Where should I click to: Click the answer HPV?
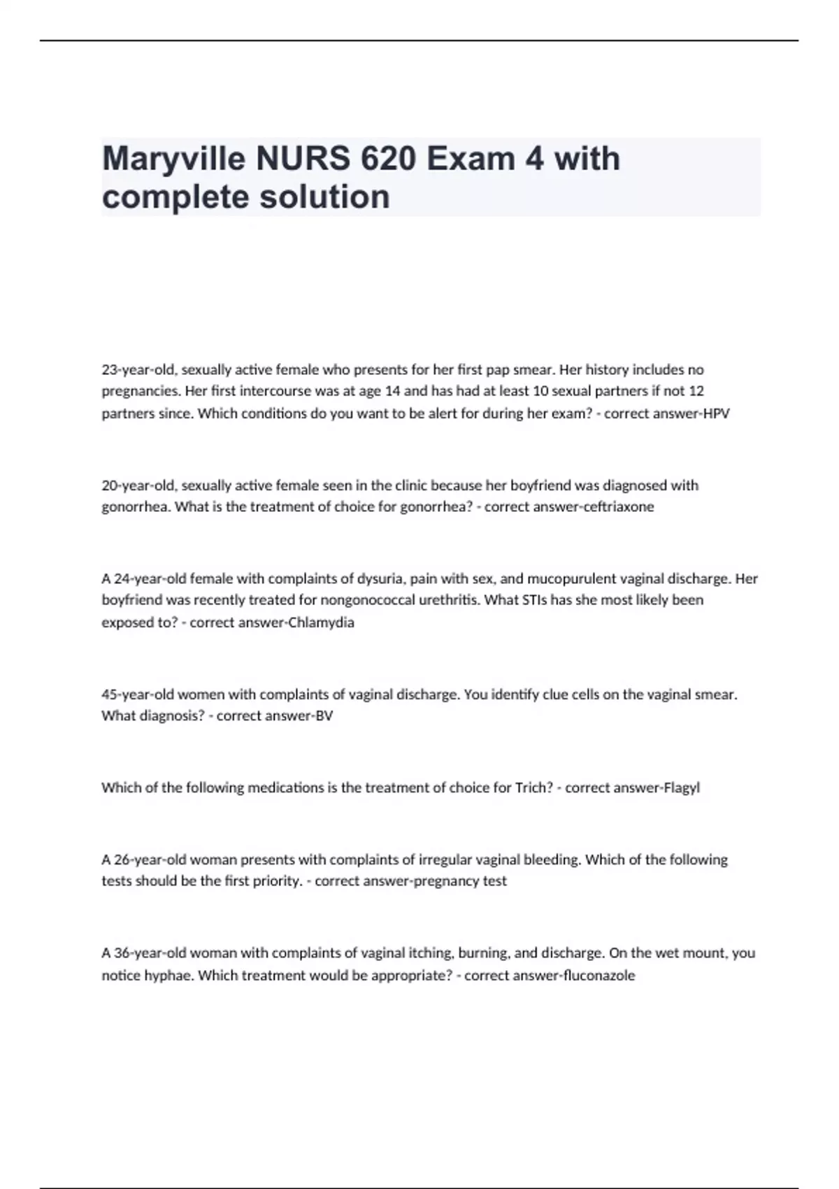click(716, 413)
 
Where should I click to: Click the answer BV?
click(324, 715)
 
